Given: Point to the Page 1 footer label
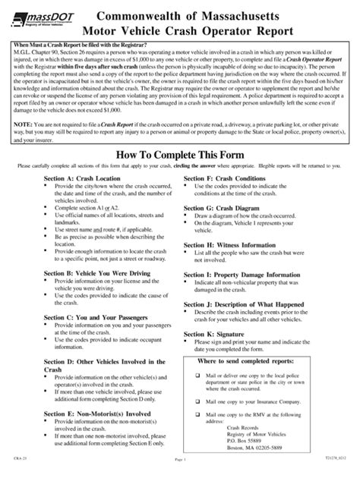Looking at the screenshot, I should click(x=179, y=470).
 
